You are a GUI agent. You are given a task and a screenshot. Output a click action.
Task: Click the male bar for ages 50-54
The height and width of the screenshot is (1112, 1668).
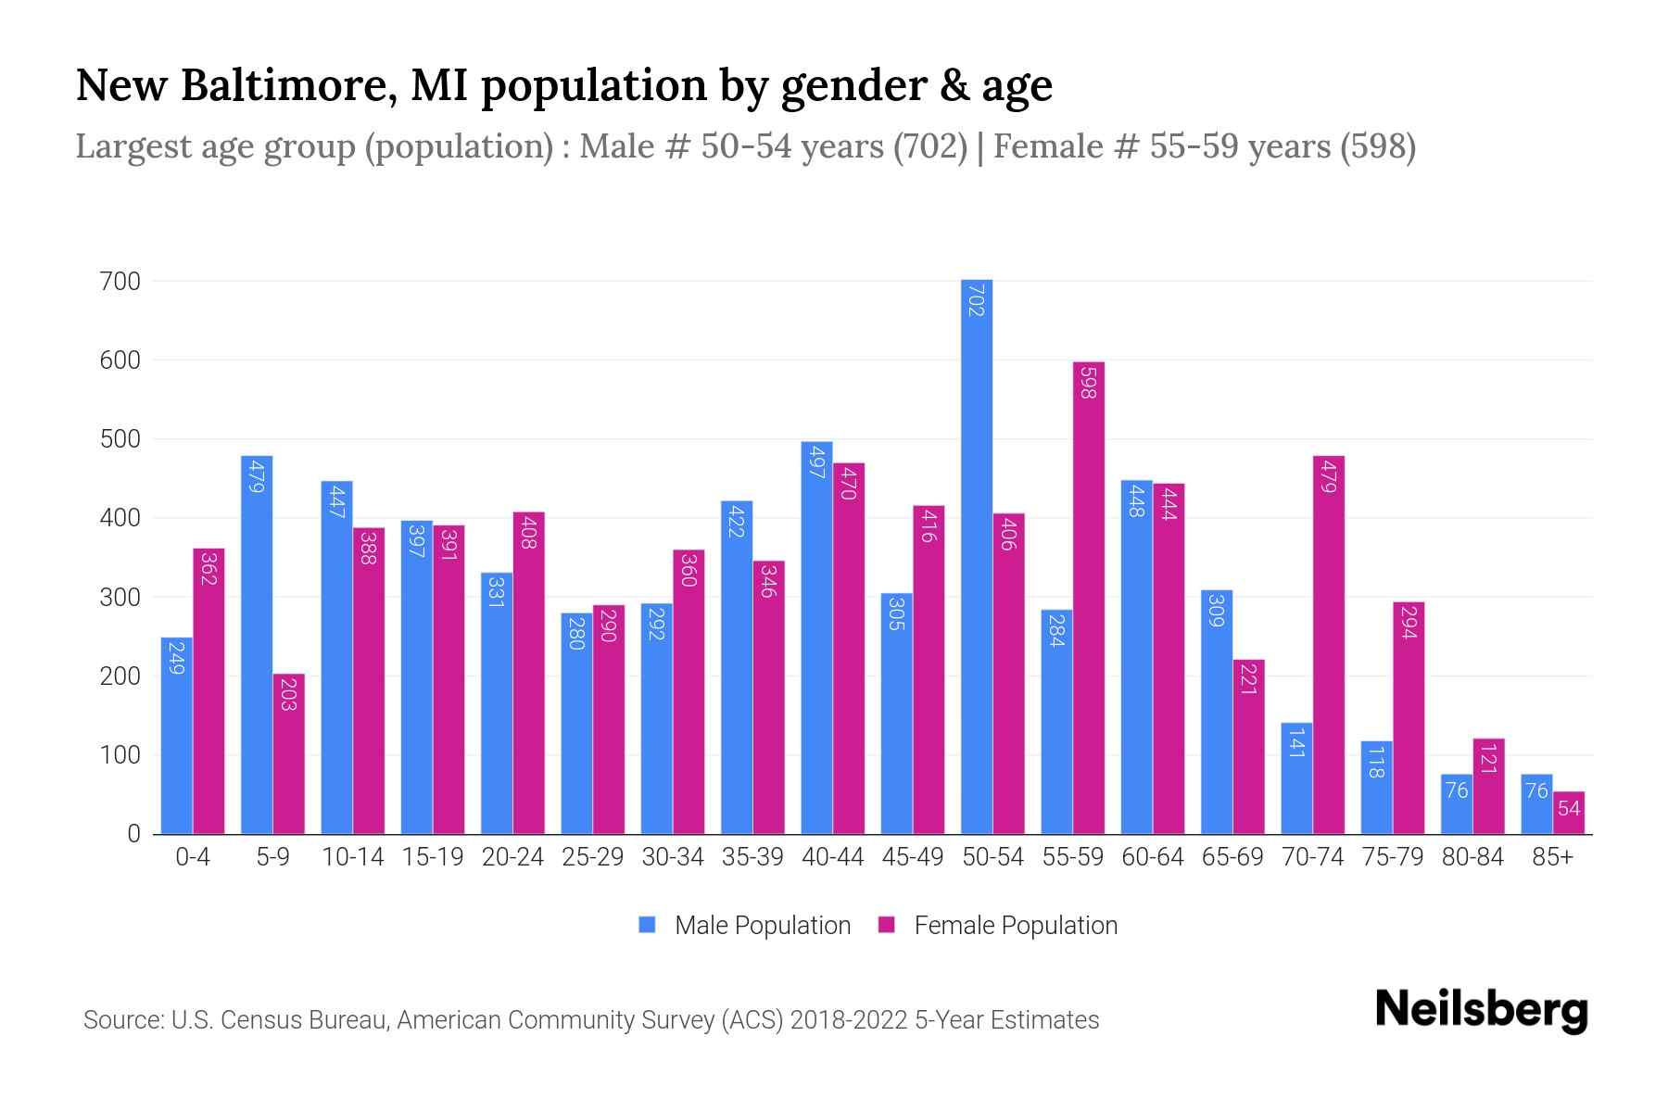click(976, 556)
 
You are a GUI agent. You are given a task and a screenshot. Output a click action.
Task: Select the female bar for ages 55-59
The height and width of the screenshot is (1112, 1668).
click(1088, 598)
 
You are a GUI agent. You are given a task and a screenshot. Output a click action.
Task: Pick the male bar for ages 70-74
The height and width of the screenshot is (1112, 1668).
click(1295, 778)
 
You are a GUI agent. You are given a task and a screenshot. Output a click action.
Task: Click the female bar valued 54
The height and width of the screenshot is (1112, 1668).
click(1568, 813)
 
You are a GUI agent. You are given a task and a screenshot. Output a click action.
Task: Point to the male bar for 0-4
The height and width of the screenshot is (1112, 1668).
click(176, 736)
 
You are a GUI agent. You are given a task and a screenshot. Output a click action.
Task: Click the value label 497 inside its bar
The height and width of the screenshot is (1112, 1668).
click(816, 461)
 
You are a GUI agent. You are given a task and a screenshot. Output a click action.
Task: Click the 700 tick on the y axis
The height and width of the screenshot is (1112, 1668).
click(120, 281)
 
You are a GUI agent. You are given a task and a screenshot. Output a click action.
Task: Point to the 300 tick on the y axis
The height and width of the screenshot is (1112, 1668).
click(120, 598)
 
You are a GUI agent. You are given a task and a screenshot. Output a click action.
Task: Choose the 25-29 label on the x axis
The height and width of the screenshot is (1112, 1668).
click(592, 857)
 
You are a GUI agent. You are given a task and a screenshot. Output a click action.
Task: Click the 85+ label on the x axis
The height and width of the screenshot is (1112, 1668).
click(1552, 857)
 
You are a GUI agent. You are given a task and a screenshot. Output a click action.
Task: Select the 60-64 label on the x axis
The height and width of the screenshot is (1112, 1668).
click(1152, 857)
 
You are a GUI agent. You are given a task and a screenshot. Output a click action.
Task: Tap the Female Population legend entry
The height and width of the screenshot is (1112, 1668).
click(997, 926)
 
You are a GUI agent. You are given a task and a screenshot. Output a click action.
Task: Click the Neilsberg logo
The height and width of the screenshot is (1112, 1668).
click(1481, 1010)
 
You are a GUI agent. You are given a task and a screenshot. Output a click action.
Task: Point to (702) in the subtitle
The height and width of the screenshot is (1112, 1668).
click(930, 146)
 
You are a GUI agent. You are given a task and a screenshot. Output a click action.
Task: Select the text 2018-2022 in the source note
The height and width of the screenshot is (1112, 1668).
click(849, 1020)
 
